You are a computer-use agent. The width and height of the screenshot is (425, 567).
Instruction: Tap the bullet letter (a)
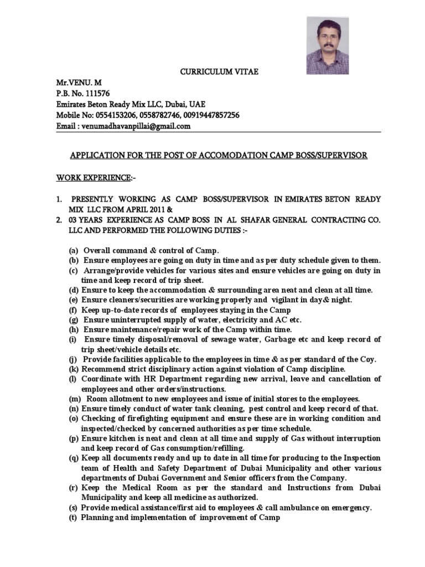point(74,250)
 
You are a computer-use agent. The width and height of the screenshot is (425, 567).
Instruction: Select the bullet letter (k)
point(74,369)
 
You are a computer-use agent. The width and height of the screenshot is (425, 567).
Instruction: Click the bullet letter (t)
point(74,518)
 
